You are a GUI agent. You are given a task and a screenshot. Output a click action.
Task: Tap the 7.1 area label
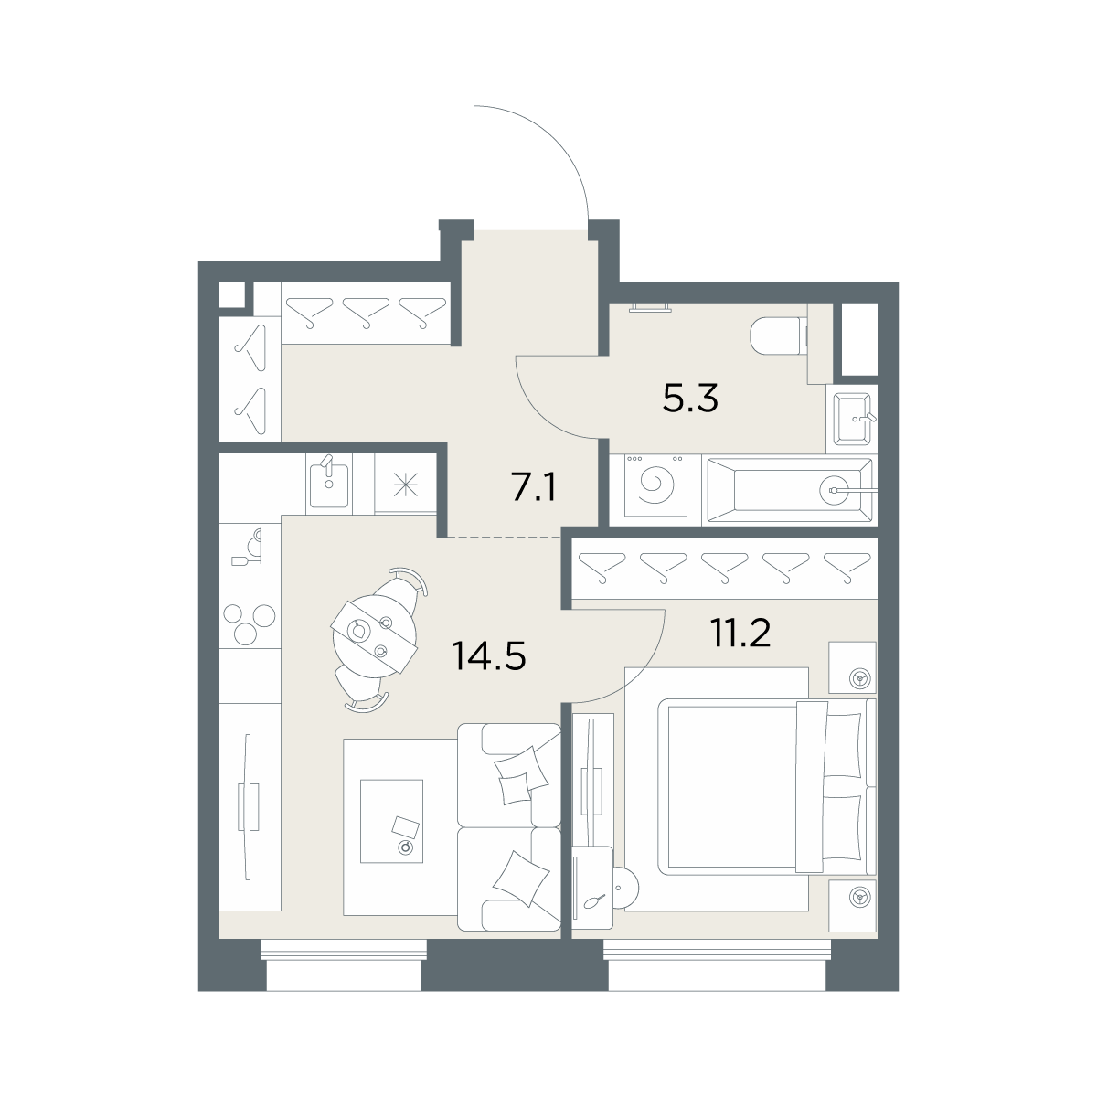pyautogui.click(x=533, y=488)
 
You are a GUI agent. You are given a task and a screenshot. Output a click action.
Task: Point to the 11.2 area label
pyautogui.click(x=740, y=633)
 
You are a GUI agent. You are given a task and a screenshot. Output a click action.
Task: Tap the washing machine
pyautogui.click(x=655, y=485)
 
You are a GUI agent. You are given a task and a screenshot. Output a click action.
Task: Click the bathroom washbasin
pyautogui.click(x=852, y=419)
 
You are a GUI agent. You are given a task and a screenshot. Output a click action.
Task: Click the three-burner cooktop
pyautogui.click(x=250, y=624)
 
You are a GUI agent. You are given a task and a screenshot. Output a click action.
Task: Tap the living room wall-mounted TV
pyautogui.click(x=248, y=806)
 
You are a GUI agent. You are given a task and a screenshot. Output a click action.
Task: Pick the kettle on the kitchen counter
pyautogui.click(x=250, y=548)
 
